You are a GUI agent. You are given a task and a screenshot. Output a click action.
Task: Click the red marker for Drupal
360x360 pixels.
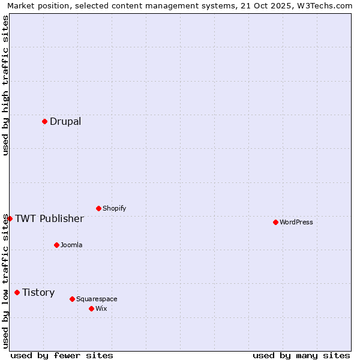(x=44, y=121)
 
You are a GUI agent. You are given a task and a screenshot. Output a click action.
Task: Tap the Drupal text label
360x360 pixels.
(x=65, y=122)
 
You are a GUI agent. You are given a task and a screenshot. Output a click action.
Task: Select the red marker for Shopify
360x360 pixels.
(x=98, y=208)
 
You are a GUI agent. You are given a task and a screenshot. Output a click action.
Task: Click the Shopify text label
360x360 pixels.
(x=114, y=209)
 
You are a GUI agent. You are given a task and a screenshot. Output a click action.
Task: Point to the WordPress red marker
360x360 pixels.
(x=275, y=222)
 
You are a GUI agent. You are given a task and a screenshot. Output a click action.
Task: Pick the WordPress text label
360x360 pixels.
(x=296, y=223)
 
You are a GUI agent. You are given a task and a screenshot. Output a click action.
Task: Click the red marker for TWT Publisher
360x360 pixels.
(x=10, y=218)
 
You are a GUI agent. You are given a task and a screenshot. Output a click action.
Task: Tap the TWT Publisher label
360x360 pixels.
(x=49, y=218)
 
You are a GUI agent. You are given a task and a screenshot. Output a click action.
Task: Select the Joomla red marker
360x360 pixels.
(x=56, y=245)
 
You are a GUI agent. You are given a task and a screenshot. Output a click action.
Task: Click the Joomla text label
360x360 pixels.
(x=71, y=245)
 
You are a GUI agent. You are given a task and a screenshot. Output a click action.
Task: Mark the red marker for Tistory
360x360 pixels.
(x=17, y=292)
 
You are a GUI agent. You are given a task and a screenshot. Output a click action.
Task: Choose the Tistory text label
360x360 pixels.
(x=38, y=293)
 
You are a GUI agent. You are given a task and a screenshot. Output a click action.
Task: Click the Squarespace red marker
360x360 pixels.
(x=72, y=299)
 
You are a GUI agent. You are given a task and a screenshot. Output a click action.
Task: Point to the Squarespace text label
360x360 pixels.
(x=97, y=299)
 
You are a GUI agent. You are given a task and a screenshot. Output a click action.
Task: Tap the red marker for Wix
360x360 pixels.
(x=91, y=308)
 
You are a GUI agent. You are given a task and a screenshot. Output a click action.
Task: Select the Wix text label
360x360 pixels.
(x=101, y=309)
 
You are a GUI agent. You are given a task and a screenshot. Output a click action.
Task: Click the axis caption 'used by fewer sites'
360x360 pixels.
(x=62, y=355)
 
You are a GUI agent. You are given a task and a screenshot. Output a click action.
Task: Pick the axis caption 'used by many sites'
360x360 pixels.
(x=301, y=355)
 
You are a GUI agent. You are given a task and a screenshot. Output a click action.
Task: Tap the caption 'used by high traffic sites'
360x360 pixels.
(x=6, y=85)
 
